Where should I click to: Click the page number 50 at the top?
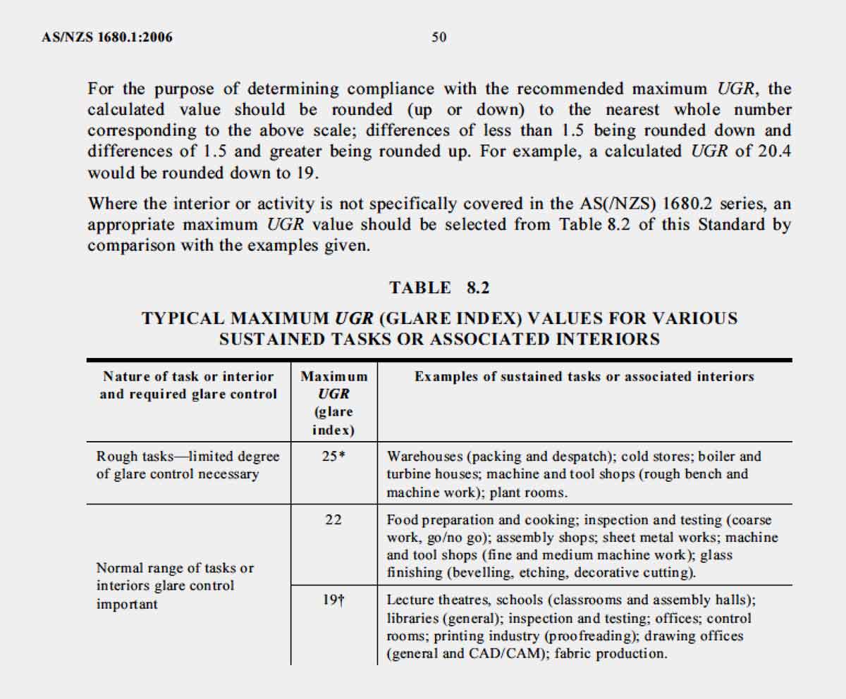coord(439,37)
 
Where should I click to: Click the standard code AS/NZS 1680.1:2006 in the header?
coord(107,37)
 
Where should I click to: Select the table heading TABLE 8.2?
coord(439,287)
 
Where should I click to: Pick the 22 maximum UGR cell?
coord(333,520)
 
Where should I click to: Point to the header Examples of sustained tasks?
coord(584,377)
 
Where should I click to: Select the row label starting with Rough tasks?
coord(188,465)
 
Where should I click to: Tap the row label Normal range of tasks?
coord(174,586)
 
